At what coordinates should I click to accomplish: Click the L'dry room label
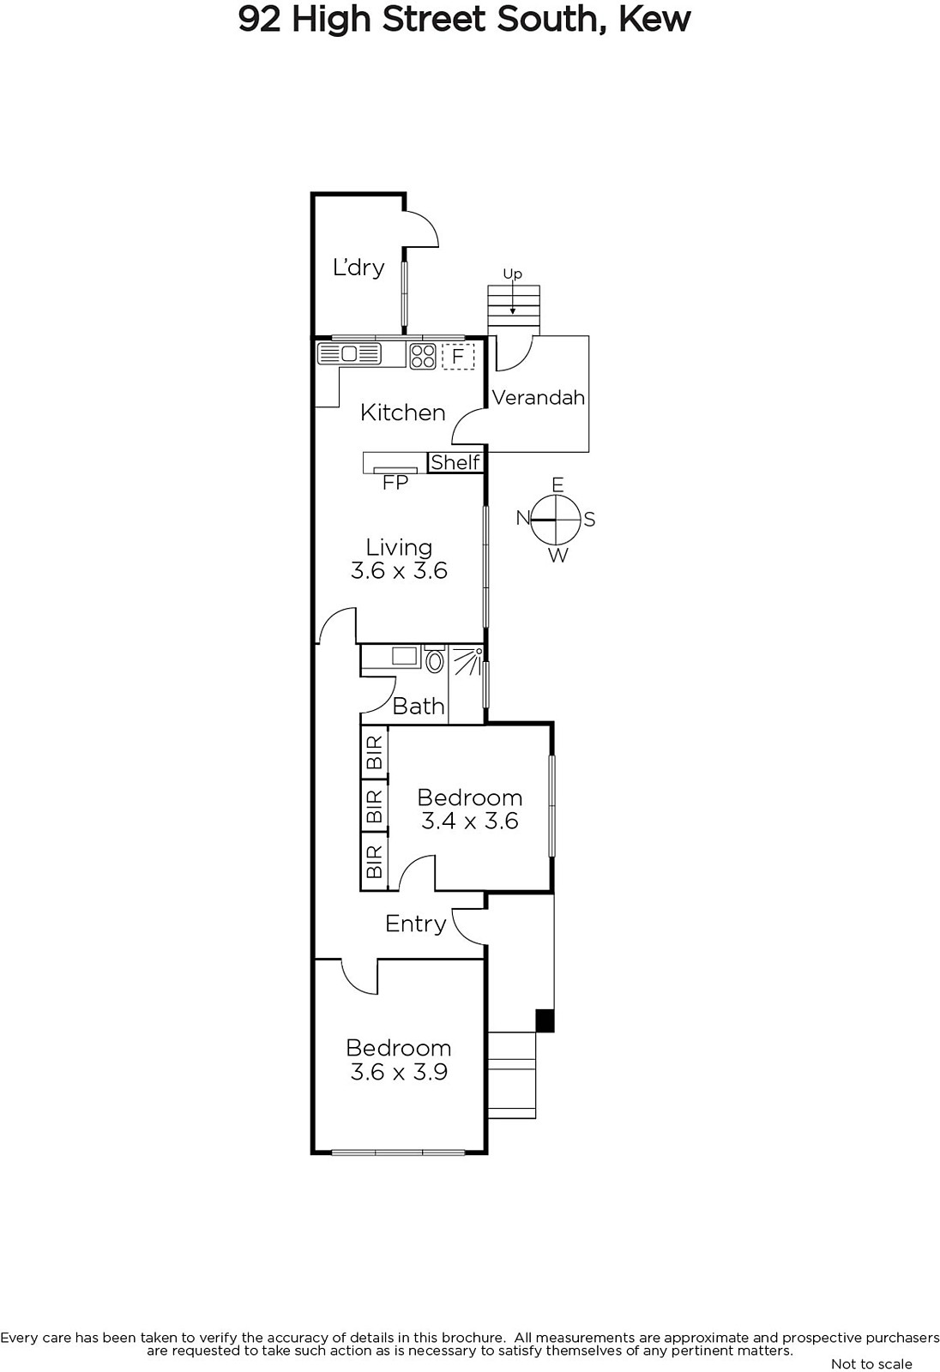[x=359, y=267]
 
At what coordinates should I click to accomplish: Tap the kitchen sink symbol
[x=349, y=354]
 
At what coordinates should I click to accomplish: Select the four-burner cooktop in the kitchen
[x=423, y=356]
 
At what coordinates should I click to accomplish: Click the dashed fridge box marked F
[x=458, y=356]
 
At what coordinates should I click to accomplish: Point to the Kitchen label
[x=402, y=412]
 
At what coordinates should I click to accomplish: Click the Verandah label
[x=538, y=398]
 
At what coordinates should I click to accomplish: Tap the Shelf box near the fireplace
[x=455, y=462]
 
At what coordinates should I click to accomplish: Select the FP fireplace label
[x=395, y=484]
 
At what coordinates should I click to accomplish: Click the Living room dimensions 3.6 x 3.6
[x=399, y=571]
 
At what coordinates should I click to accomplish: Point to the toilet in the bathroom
[x=435, y=659]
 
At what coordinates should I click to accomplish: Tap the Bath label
[x=419, y=707]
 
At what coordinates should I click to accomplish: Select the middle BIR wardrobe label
[x=375, y=806]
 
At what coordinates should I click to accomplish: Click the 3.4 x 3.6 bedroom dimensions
[x=470, y=821]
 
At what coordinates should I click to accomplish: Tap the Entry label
[x=415, y=924]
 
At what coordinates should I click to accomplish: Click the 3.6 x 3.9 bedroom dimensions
[x=399, y=1072]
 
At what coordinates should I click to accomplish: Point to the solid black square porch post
[x=545, y=1020]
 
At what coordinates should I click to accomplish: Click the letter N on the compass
[x=522, y=518]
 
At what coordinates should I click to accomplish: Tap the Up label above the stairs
[x=513, y=274]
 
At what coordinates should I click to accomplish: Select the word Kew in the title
[x=654, y=19]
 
